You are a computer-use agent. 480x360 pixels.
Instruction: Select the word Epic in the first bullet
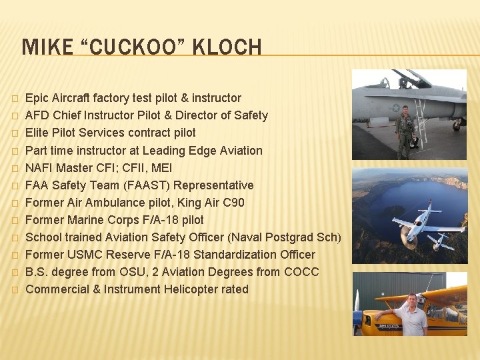37,99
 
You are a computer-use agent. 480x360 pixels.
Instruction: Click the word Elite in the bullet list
38,133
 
